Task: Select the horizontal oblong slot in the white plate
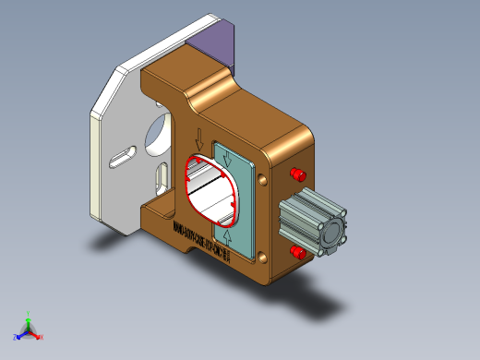[x=120, y=159]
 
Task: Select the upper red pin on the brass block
[x=298, y=174]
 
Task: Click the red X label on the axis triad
[x=42, y=337]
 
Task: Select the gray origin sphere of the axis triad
[x=29, y=330]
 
